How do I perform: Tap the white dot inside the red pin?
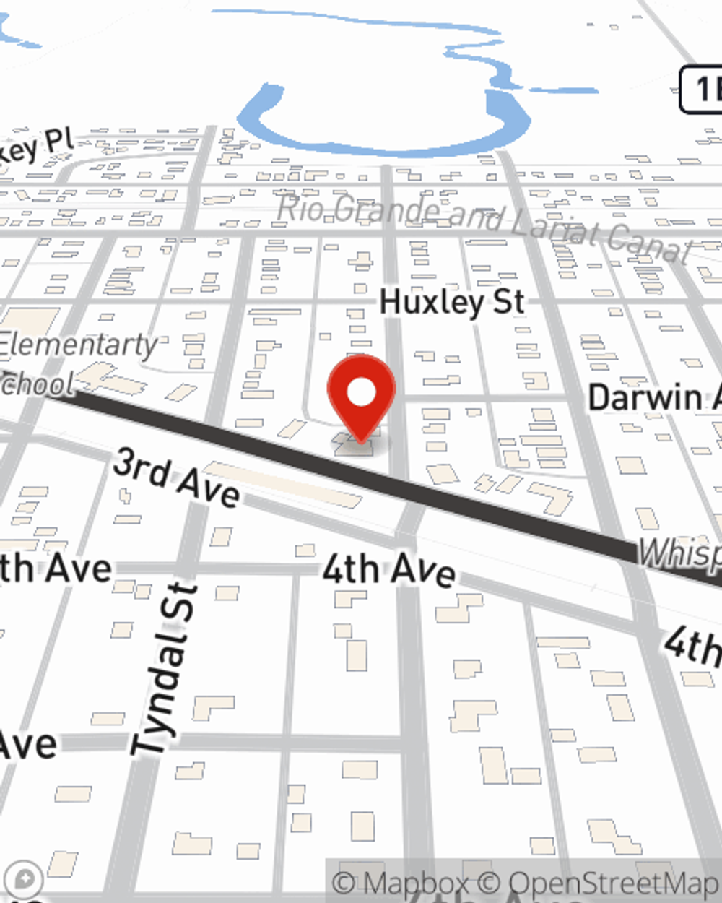coord(362,392)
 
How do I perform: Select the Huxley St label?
coord(453,301)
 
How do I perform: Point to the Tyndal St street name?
coord(165,668)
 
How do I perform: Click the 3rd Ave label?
coord(177,478)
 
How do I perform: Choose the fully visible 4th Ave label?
coord(388,569)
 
